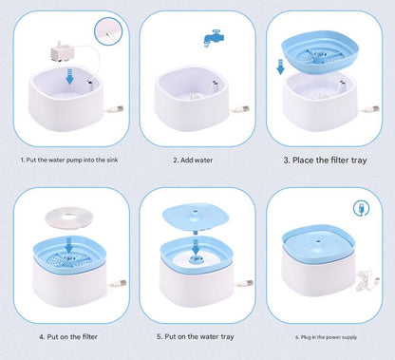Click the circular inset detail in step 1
click(104, 32)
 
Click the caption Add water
click(197, 160)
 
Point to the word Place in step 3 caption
click(304, 160)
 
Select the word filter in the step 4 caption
click(88, 335)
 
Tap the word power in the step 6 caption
click(336, 336)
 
